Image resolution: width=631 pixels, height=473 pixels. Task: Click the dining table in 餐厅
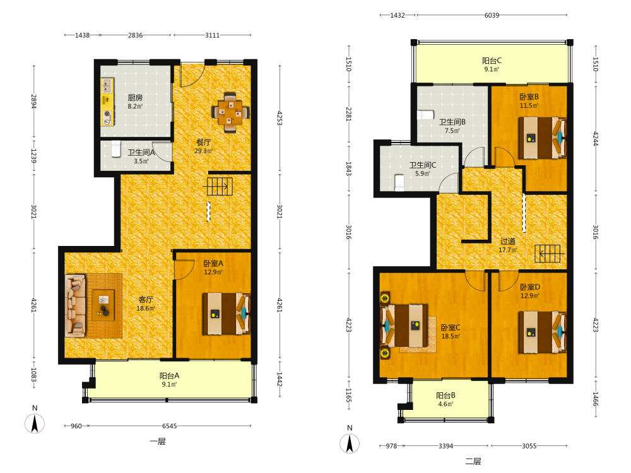point(230,112)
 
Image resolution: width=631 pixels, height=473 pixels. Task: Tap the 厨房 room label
point(135,98)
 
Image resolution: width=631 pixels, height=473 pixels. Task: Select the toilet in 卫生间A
point(116,149)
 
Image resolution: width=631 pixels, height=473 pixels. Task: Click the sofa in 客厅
point(76,306)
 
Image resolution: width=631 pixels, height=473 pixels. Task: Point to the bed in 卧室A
point(226,313)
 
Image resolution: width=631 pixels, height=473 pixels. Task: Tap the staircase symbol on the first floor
point(220,186)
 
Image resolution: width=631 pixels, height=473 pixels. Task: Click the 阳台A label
point(169,376)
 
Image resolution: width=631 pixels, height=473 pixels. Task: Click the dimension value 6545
point(169,426)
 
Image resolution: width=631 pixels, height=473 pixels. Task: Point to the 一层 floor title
point(158,441)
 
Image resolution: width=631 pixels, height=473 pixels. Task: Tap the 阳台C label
point(492,61)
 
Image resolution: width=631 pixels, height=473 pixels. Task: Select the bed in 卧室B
point(542,138)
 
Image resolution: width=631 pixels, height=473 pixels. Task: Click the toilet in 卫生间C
point(399,182)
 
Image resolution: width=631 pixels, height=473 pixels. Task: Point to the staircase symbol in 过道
point(548,254)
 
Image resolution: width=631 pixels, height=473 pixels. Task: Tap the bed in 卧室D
point(542,332)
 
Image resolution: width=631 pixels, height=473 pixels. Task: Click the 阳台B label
point(446,395)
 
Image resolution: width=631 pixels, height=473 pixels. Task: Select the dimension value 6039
point(492,15)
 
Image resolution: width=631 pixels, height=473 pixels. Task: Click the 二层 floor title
point(473,462)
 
